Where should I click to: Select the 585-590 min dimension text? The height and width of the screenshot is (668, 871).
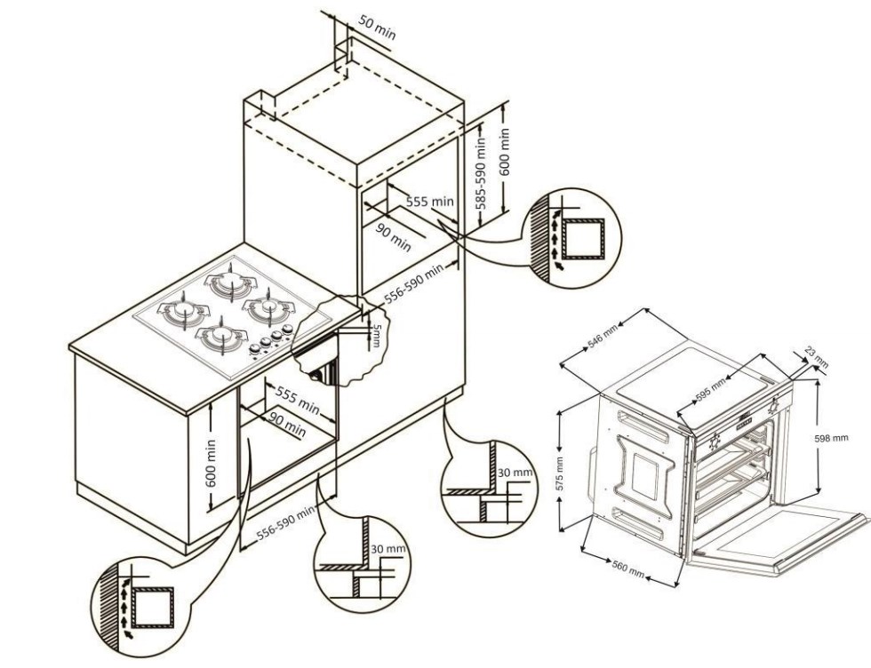[480, 172]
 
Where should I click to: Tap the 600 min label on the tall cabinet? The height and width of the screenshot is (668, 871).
[505, 152]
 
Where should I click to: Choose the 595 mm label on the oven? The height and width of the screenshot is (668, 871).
[712, 389]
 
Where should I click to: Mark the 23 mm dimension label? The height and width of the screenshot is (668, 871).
[816, 358]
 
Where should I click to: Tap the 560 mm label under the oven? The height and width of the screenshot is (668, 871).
[628, 569]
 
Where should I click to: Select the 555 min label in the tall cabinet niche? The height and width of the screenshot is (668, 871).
[430, 202]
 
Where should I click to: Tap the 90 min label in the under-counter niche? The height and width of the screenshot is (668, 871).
[287, 425]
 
